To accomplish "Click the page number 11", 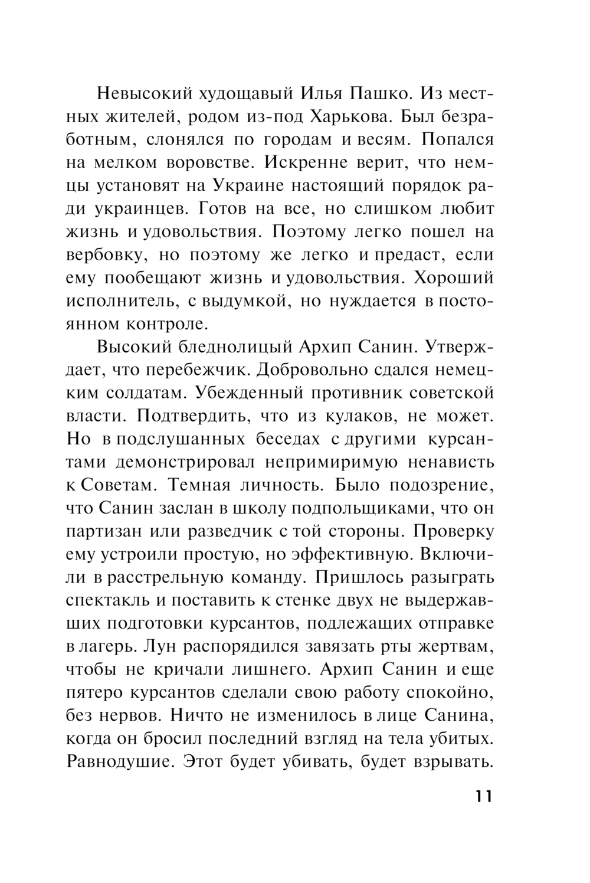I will tap(482, 796).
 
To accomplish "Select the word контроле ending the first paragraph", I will tap(165, 324).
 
